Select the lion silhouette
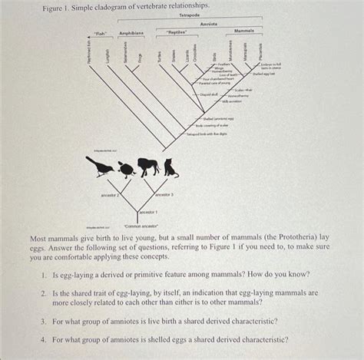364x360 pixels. click(x=147, y=166)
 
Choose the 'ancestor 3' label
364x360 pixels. click(x=164, y=195)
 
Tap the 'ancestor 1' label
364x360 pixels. click(x=148, y=211)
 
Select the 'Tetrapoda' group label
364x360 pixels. click(x=190, y=15)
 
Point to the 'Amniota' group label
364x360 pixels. click(x=209, y=25)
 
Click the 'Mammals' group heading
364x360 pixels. click(x=245, y=31)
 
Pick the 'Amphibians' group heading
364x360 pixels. click(x=131, y=33)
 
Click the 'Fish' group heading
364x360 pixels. click(x=99, y=33)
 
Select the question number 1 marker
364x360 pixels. click(x=46, y=276)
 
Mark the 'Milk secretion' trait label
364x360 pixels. click(x=232, y=101)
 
